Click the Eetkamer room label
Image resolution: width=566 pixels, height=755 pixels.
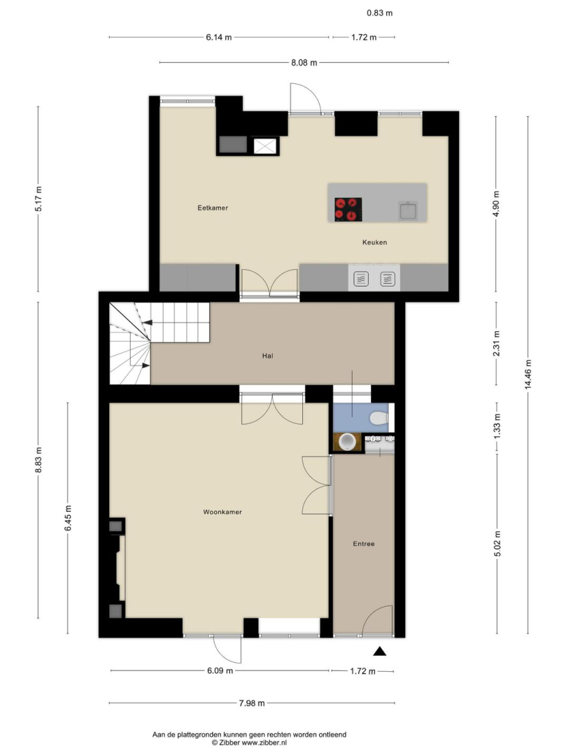(x=213, y=208)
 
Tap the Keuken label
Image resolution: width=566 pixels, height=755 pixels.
(x=374, y=242)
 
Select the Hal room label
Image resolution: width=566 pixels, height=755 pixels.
(x=268, y=356)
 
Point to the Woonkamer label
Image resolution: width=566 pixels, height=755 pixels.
(x=222, y=512)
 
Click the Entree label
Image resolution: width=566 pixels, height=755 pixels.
(x=364, y=544)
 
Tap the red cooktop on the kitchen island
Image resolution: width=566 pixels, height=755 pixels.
(x=348, y=210)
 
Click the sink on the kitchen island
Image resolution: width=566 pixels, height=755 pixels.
(x=407, y=210)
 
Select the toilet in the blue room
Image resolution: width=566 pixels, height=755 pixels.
(x=380, y=418)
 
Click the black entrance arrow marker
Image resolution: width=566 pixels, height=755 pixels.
(x=380, y=651)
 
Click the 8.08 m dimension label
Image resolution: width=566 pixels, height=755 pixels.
(x=304, y=63)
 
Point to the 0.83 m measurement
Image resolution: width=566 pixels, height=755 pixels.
(x=380, y=13)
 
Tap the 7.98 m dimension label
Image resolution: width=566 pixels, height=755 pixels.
(x=252, y=703)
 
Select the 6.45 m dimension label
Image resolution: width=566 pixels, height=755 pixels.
(x=68, y=517)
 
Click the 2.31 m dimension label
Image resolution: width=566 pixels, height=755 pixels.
(x=497, y=343)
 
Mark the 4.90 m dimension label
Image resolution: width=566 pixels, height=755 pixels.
(x=496, y=204)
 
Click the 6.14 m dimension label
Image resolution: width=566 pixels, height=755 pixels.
(x=219, y=37)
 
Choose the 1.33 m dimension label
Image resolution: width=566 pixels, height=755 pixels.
(x=497, y=426)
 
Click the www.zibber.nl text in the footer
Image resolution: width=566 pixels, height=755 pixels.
(x=264, y=743)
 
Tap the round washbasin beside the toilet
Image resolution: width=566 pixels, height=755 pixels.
(x=347, y=442)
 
